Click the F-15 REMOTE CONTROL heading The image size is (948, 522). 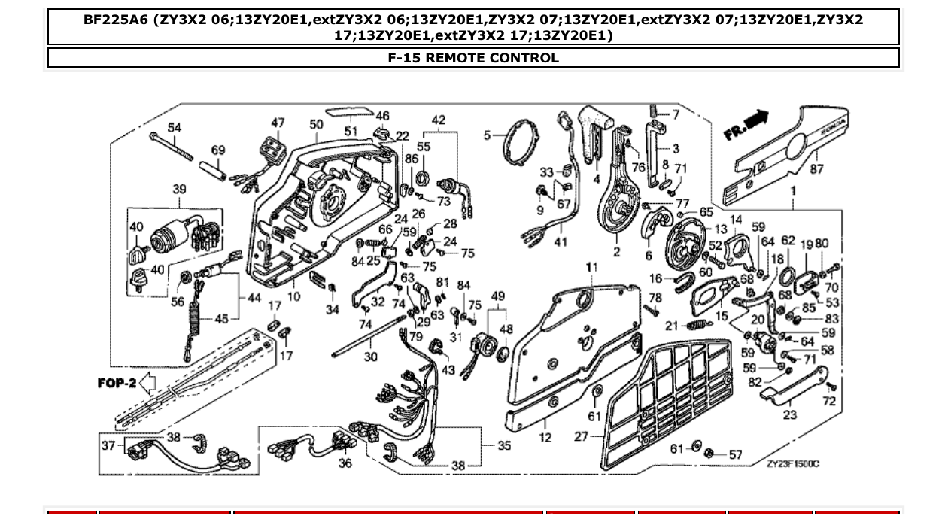[x=473, y=58]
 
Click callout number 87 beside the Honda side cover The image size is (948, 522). [x=817, y=170]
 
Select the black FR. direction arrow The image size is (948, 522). [x=758, y=117]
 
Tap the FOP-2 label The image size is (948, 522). [x=117, y=384]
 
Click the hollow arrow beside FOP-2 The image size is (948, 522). [x=148, y=384]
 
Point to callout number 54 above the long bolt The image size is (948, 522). [x=175, y=128]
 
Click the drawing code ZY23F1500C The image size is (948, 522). [x=792, y=463]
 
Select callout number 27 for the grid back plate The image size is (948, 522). [x=581, y=436]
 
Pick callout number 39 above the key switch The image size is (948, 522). [x=179, y=189]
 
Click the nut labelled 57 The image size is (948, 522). [x=709, y=453]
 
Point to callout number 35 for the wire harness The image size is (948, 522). [x=504, y=445]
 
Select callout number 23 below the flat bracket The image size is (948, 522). [x=789, y=414]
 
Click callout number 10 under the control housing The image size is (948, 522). [x=293, y=296]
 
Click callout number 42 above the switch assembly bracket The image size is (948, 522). [x=438, y=120]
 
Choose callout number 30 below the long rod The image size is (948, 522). [x=370, y=357]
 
